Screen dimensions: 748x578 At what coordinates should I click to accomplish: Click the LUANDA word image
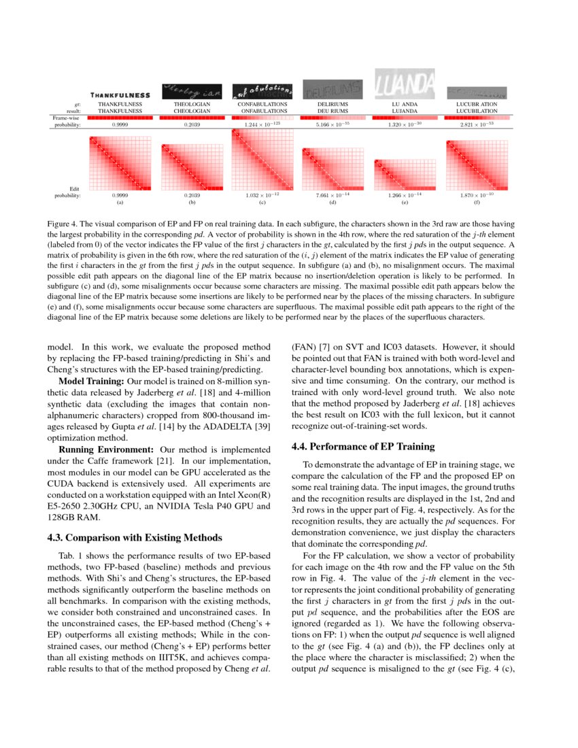pyautogui.click(x=406, y=83)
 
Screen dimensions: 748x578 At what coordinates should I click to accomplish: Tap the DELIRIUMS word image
pyautogui.click(x=333, y=88)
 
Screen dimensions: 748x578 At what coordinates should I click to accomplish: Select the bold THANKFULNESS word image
pyautogui.click(x=120, y=95)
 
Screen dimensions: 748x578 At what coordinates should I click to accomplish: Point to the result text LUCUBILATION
pyautogui.click(x=477, y=110)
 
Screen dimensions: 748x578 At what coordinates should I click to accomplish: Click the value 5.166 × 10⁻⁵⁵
pyautogui.click(x=332, y=125)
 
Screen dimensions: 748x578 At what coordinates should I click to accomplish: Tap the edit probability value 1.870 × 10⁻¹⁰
pyautogui.click(x=477, y=195)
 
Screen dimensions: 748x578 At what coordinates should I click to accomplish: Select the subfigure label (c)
pyautogui.click(x=262, y=202)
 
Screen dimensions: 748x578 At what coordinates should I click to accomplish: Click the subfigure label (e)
pyautogui.click(x=405, y=202)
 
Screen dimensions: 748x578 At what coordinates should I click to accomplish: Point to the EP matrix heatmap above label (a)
pyautogui.click(x=120, y=163)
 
